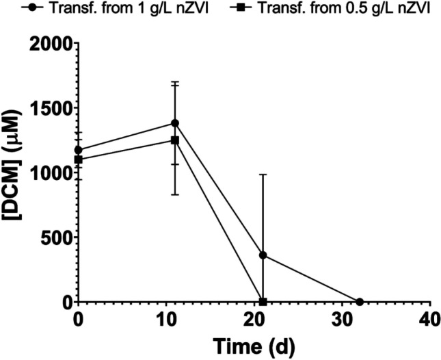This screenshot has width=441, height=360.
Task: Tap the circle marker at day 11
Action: [x=175, y=123]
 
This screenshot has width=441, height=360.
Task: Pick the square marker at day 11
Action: [x=175, y=140]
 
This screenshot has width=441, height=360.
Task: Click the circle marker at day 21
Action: [x=263, y=255]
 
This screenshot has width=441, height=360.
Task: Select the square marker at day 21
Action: [x=263, y=302]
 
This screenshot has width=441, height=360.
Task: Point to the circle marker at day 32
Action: [x=359, y=302]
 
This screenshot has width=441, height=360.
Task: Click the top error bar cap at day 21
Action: [x=263, y=175]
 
